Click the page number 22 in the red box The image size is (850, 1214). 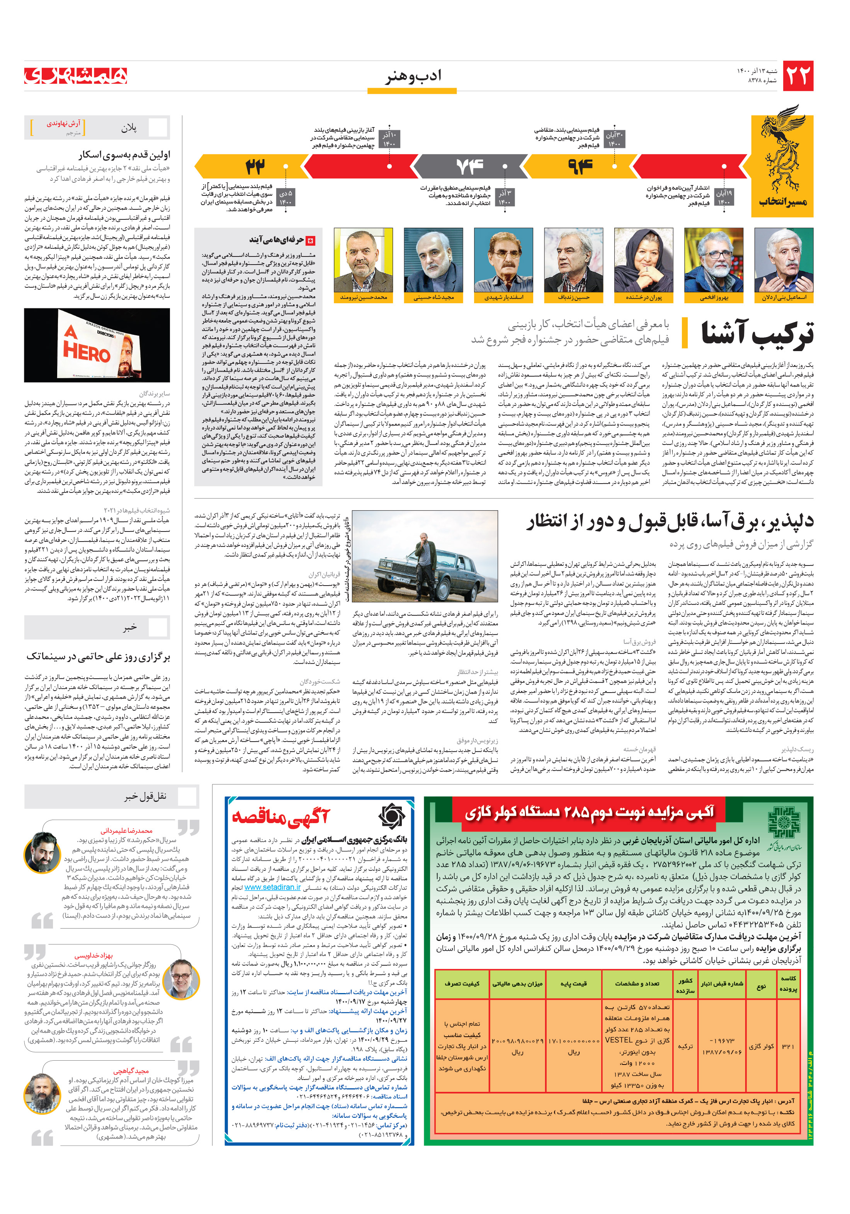pyautogui.click(x=797, y=76)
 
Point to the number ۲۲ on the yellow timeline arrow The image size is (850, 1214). pyautogui.click(x=255, y=166)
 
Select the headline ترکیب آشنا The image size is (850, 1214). pyautogui.click(x=757, y=334)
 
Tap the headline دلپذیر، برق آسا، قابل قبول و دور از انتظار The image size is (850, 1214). pyautogui.click(x=669, y=521)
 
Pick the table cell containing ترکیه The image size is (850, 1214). pyautogui.click(x=685, y=1046)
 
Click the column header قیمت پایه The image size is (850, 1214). pyautogui.click(x=573, y=983)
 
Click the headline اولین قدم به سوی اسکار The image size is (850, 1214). pyautogui.click(x=124, y=155)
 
